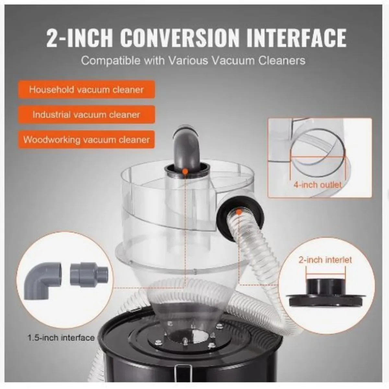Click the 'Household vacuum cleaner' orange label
[86, 89]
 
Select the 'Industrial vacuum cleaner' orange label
[86, 114]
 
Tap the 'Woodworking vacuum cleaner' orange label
[86, 140]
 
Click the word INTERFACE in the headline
[296, 38]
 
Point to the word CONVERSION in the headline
[181, 38]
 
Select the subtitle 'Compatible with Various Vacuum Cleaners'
[193, 61]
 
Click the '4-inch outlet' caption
[317, 185]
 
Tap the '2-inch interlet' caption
[325, 260]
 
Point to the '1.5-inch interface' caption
[61, 337]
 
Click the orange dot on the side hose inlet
[238, 212]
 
